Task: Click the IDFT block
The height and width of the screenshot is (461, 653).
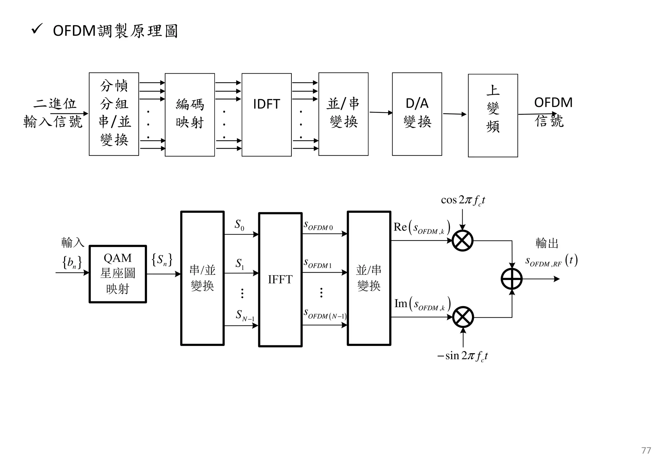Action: click(x=266, y=115)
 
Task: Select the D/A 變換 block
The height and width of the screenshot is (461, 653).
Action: click(x=417, y=114)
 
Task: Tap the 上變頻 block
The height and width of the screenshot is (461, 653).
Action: click(x=493, y=115)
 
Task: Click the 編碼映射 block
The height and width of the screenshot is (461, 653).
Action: click(x=190, y=115)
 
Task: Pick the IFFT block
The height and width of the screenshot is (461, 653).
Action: click(x=280, y=279)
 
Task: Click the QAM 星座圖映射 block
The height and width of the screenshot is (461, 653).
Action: click(x=118, y=274)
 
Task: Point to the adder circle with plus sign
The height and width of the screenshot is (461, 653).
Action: click(x=511, y=279)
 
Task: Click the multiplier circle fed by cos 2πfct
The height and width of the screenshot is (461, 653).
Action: click(x=463, y=241)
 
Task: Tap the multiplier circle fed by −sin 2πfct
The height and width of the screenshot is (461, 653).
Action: click(x=463, y=317)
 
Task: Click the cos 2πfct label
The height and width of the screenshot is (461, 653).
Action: click(x=463, y=200)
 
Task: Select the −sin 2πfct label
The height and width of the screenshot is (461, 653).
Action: click(x=462, y=356)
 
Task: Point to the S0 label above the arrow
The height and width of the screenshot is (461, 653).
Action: click(x=239, y=225)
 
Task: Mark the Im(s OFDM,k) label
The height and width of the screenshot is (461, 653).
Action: click(x=422, y=304)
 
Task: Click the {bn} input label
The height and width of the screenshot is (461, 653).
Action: click(x=72, y=263)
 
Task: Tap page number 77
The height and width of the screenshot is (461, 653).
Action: click(x=646, y=450)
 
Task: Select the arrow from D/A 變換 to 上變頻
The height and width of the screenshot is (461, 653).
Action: click(x=454, y=114)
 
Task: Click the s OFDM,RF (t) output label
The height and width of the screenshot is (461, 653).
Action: click(x=551, y=261)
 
